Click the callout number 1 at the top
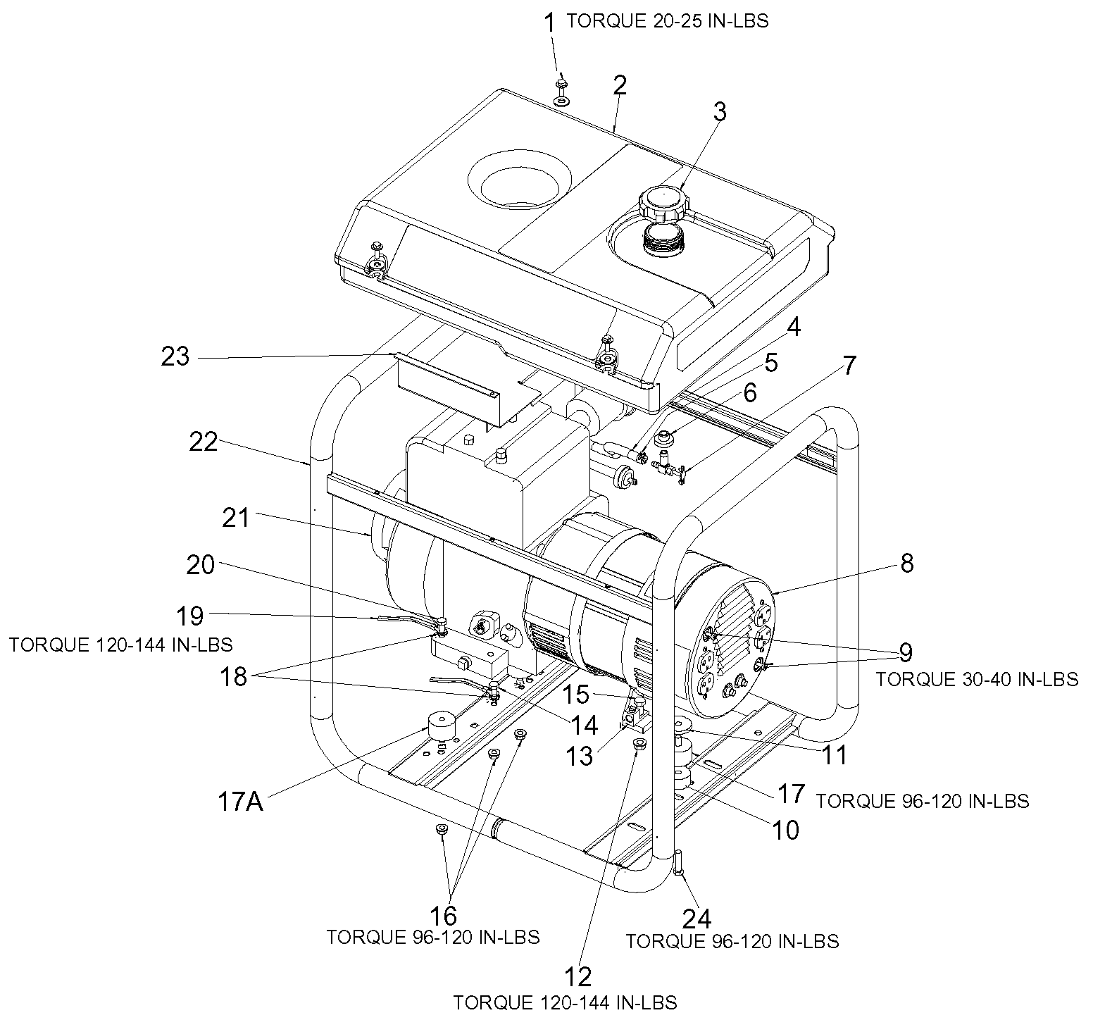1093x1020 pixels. (551, 23)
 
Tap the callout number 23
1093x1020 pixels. (175, 356)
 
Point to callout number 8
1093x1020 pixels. (906, 564)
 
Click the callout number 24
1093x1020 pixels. (697, 919)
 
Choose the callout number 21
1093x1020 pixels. (236, 518)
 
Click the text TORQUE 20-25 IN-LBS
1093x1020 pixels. (667, 21)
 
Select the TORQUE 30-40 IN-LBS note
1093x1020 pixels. (976, 679)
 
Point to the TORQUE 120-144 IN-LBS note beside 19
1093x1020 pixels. (120, 644)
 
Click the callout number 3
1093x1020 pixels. (719, 112)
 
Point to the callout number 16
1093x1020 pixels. (444, 915)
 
